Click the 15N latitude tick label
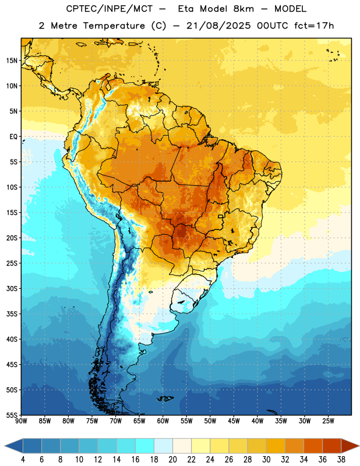click(x=12, y=61)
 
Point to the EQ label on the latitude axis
click(x=13, y=137)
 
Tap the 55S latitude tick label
click(x=12, y=415)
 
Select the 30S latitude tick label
click(x=12, y=288)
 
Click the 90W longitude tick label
click(x=21, y=421)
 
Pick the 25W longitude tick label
click(x=328, y=421)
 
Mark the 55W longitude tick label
click(x=186, y=421)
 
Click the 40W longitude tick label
click(x=257, y=421)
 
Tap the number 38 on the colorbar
click(x=341, y=460)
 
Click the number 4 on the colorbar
click(x=23, y=460)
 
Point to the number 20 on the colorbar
click(x=172, y=460)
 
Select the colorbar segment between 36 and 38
click(x=332, y=446)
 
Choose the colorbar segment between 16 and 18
click(x=145, y=446)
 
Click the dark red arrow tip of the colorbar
click(x=350, y=446)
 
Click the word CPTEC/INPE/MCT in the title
click(x=109, y=9)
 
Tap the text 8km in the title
click(x=243, y=9)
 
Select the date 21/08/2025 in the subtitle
click(x=218, y=26)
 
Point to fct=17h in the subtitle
click(x=314, y=26)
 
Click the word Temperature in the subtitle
click(x=114, y=26)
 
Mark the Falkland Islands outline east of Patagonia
click(x=165, y=398)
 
